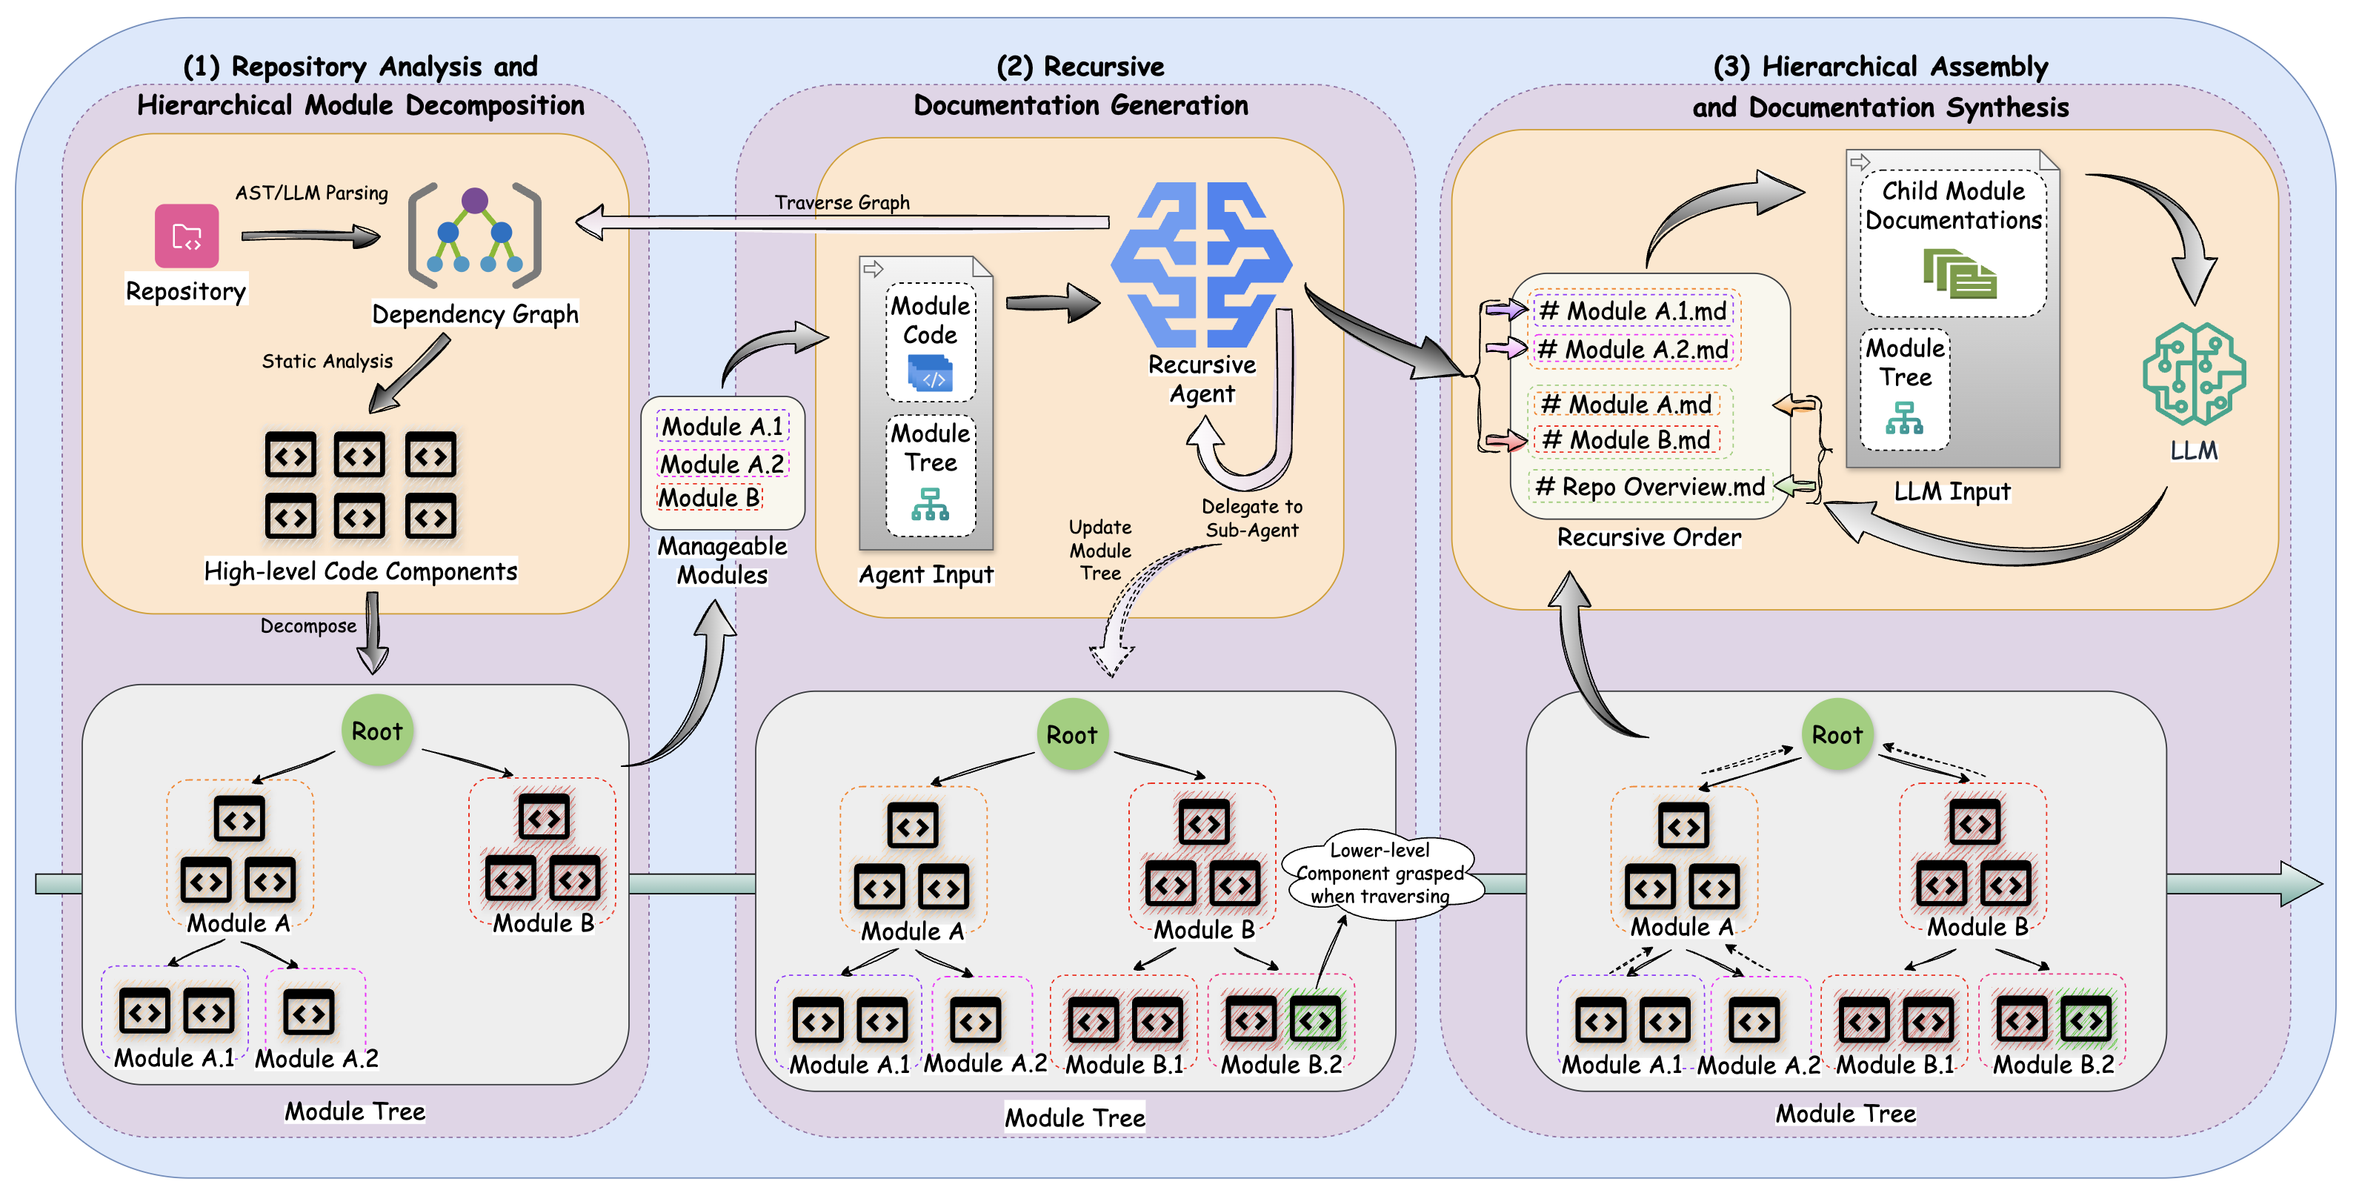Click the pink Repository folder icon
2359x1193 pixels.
(x=187, y=236)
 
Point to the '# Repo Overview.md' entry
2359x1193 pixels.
(x=1649, y=487)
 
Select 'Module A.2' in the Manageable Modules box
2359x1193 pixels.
(x=722, y=464)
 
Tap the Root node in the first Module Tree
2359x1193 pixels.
(x=376, y=731)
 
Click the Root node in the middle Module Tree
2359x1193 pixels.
(x=1071, y=734)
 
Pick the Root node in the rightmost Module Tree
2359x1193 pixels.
(x=1836, y=734)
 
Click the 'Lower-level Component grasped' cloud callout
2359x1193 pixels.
(x=1380, y=874)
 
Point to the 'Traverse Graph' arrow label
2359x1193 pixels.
(x=842, y=202)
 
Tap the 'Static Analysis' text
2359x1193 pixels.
(x=327, y=362)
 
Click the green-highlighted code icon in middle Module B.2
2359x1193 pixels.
(x=1315, y=1020)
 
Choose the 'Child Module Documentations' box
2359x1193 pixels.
(x=1952, y=242)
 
